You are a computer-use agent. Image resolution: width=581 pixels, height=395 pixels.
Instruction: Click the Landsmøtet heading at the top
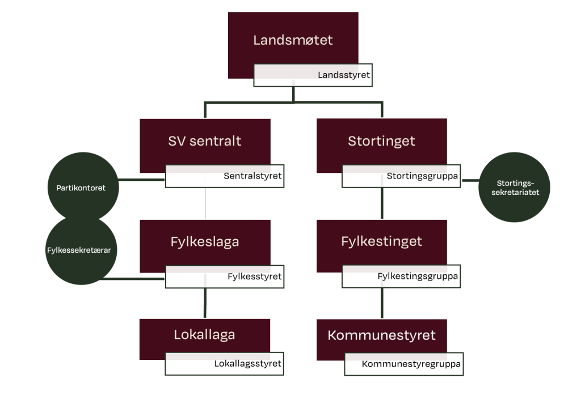pos(293,40)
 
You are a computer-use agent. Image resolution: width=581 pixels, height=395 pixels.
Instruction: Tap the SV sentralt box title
pos(205,141)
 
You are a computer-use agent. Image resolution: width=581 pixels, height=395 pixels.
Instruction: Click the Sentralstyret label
pos(252,176)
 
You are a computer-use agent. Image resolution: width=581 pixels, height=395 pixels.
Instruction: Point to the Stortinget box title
pos(381,141)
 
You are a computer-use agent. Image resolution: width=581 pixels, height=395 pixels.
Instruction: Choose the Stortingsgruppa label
pos(423,176)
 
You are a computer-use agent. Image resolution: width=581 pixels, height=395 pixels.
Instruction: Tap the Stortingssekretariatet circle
pos(515,187)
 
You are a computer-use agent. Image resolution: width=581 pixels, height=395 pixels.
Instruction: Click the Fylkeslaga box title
pos(205,241)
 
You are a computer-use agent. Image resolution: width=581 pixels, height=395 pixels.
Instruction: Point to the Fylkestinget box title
pos(381,241)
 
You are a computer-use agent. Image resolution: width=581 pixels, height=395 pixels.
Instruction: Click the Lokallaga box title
pos(204,334)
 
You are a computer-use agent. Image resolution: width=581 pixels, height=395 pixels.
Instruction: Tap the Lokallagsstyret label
pos(247,363)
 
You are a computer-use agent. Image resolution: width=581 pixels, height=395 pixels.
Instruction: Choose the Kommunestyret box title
pos(381,335)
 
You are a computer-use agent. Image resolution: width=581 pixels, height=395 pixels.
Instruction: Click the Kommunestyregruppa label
pos(411,364)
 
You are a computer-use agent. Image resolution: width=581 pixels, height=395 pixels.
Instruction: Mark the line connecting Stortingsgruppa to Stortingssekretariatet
pos(470,181)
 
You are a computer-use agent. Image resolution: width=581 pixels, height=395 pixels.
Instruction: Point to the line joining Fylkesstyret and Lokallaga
pos(205,303)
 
